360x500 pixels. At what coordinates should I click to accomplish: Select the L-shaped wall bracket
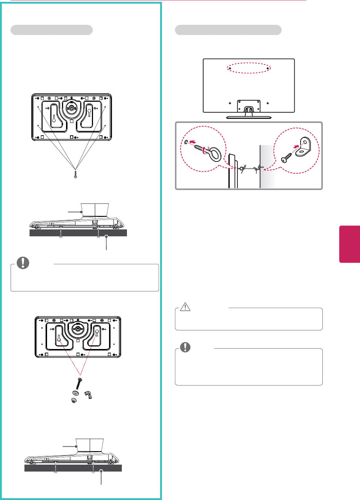tap(303, 147)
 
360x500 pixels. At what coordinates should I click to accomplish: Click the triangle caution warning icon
tap(185, 307)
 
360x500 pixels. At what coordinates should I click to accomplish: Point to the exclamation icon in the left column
tap(23, 263)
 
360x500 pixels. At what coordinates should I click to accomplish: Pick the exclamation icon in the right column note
tap(185, 347)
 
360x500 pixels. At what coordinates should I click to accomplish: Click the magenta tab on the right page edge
tap(349, 244)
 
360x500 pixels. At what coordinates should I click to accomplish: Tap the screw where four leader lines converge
tap(76, 174)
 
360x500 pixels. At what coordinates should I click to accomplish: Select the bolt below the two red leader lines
tap(79, 384)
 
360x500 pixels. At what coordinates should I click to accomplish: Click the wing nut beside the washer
tap(88, 395)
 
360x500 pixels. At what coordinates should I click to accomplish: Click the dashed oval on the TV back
tap(249, 68)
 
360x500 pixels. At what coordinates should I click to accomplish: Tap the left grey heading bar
tap(51, 30)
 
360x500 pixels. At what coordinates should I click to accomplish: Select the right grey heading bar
tap(228, 30)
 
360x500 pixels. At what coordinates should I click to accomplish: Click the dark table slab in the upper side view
tap(78, 233)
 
